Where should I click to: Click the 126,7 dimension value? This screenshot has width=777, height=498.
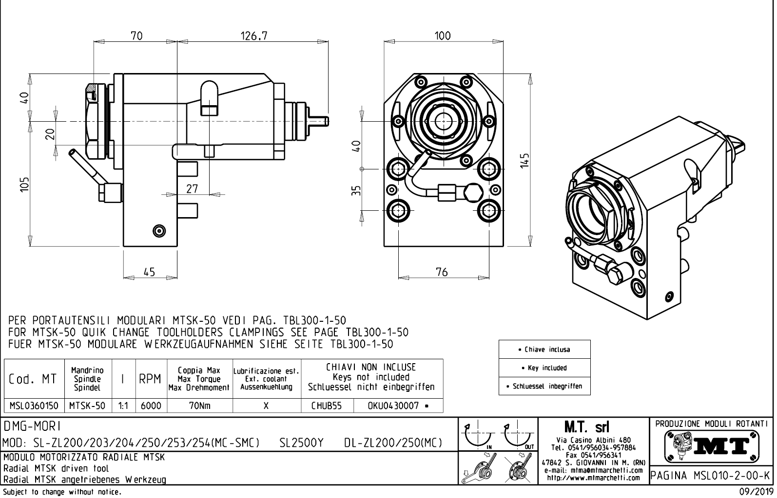254,36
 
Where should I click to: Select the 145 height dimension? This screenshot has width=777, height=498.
524,160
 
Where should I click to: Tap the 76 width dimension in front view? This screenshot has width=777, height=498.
442,272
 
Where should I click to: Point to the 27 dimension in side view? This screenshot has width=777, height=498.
192,188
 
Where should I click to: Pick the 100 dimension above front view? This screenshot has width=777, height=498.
442,36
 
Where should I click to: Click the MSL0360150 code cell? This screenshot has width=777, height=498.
34,406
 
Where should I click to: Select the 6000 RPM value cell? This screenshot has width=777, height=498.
151,406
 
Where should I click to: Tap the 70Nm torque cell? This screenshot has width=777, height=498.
200,406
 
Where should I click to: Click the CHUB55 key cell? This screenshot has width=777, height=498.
327,406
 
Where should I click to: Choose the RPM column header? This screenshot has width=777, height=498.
150,379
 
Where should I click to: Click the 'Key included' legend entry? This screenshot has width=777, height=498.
544,368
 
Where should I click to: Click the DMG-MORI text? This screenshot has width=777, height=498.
32,426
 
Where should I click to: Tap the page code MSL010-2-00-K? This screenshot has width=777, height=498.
711,475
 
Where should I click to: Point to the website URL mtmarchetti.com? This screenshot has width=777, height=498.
593,478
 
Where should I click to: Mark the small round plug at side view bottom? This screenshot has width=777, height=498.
159,230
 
